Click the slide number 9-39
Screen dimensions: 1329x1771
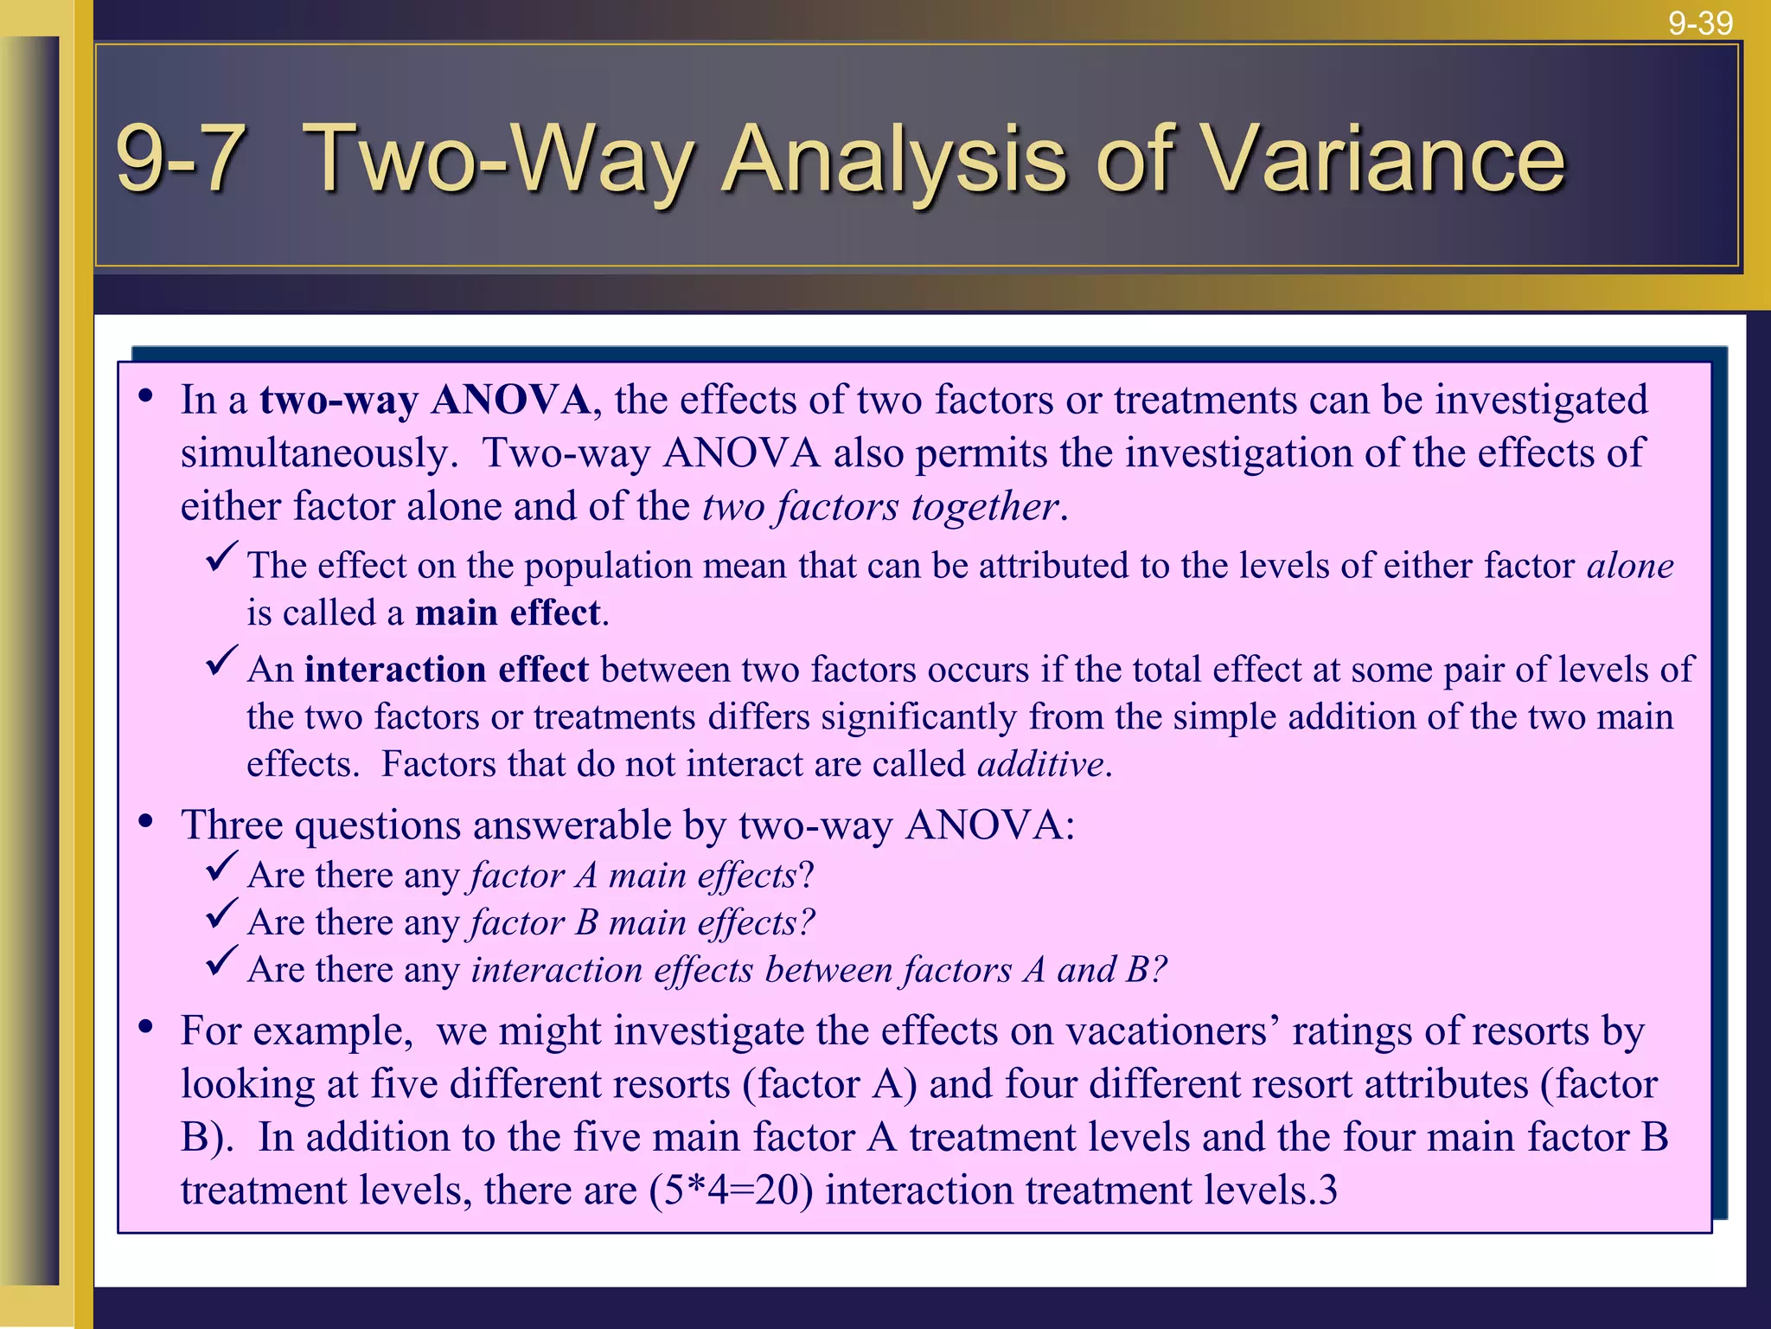(1700, 22)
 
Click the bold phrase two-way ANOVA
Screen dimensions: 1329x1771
(425, 401)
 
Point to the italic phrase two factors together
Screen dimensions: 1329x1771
(879, 507)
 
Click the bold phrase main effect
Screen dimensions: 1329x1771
(508, 613)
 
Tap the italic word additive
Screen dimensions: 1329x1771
(1040, 765)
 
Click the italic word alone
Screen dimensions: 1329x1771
(1630, 566)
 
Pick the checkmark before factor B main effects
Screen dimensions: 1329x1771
(221, 914)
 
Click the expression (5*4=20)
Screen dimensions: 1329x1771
(732, 1191)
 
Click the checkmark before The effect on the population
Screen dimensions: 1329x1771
(221, 556)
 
